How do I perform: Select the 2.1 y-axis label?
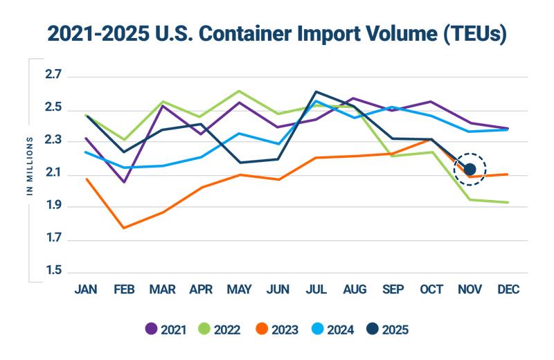pos(53,174)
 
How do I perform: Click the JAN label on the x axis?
pos(86,289)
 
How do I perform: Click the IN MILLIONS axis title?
pos(30,166)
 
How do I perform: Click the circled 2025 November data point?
pos(470,169)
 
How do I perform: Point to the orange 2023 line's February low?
pos(124,228)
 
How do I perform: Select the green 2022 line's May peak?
pos(239,91)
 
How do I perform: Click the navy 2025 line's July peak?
pos(316,91)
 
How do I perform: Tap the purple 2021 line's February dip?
pos(124,182)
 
